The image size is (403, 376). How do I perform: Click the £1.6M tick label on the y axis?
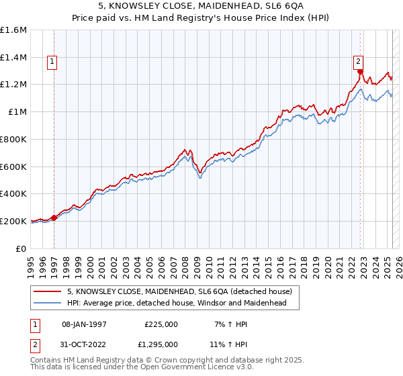[13, 30]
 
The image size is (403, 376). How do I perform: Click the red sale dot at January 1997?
[55, 218]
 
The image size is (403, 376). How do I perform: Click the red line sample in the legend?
[48, 292]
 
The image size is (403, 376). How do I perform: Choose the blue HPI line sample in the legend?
[48, 303]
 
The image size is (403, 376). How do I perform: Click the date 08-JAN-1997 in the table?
[89, 324]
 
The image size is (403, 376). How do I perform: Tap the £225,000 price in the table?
[161, 324]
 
